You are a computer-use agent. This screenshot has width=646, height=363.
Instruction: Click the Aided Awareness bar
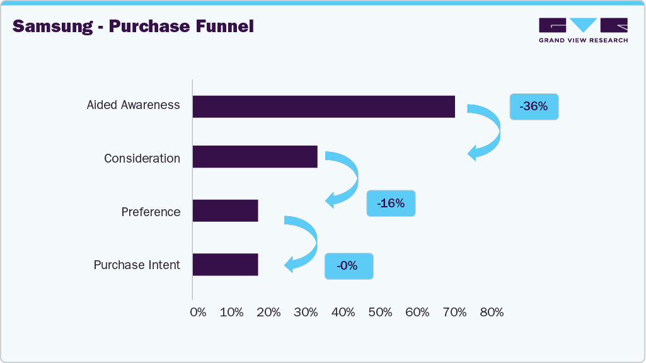point(323,107)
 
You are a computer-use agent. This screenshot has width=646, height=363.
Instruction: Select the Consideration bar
point(255,157)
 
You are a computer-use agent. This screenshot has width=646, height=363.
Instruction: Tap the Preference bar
point(225,210)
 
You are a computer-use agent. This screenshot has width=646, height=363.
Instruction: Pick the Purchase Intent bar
point(225,265)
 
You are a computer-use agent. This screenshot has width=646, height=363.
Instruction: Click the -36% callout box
point(534,107)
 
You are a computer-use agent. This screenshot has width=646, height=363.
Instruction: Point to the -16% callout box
point(391,203)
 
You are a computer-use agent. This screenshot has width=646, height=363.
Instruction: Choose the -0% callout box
point(349,266)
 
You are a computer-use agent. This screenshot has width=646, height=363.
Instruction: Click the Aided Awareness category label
point(133,105)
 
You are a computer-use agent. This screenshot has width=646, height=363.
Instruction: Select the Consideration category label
point(142,158)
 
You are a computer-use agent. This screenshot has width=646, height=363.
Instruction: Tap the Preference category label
point(151,212)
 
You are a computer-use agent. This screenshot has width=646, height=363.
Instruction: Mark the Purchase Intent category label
point(137,265)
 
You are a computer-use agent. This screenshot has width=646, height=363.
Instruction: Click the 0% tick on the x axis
point(198,312)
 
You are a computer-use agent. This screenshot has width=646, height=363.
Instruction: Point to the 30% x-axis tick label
point(306,312)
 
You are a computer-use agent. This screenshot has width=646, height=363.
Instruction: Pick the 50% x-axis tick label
point(381,312)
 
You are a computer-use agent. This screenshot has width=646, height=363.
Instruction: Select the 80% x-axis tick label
point(492,312)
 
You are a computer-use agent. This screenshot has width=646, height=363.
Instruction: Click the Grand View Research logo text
point(583,40)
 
